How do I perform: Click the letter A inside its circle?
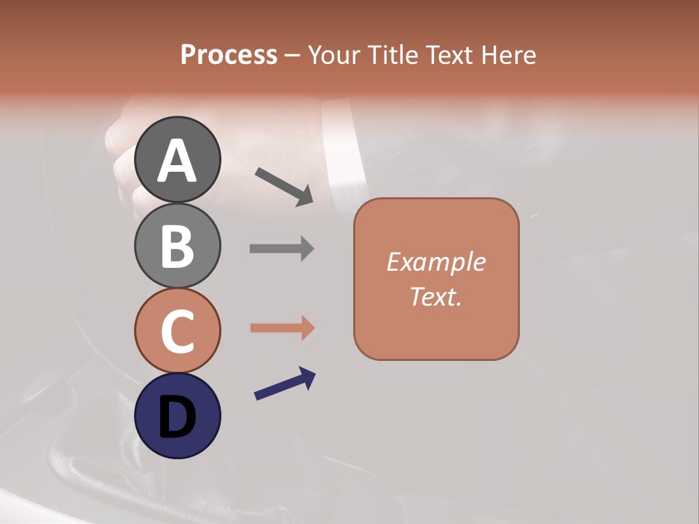(x=178, y=161)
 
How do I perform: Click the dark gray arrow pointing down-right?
(x=284, y=186)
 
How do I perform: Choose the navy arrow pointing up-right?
(x=285, y=384)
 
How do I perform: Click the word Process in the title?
(x=229, y=55)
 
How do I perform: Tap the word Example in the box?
(x=435, y=262)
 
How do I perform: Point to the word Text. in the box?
(x=435, y=296)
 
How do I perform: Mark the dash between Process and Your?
(x=293, y=56)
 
